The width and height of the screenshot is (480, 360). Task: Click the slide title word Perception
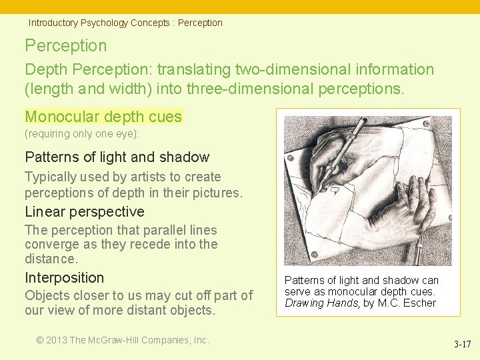[x=65, y=46]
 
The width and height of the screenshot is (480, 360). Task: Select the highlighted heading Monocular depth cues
[x=103, y=117]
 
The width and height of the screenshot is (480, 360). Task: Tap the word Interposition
[x=64, y=278]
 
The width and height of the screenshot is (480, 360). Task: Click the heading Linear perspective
[x=84, y=212]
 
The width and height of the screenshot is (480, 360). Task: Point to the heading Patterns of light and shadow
[x=117, y=157]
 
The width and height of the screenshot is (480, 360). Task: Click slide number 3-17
[x=462, y=345]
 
